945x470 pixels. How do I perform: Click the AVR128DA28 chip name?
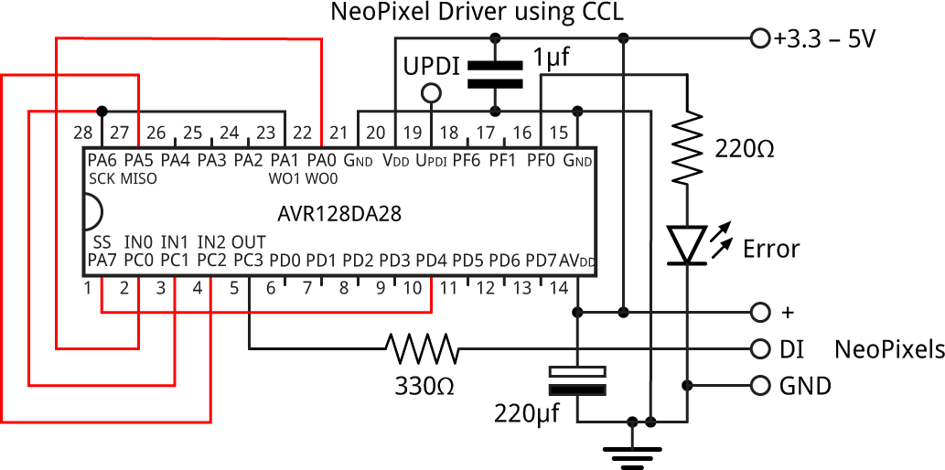click(339, 214)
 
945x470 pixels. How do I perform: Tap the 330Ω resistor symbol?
click(422, 348)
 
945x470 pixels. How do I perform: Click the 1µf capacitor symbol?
click(495, 74)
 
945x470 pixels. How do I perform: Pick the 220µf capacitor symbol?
click(577, 381)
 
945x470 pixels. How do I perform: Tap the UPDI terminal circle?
click(430, 93)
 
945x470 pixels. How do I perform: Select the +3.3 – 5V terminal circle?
click(758, 38)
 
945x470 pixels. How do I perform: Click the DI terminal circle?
click(758, 348)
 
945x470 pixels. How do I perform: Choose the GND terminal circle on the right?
click(758, 386)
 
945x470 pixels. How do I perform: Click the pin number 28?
click(83, 133)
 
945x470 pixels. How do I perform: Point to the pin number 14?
click(559, 289)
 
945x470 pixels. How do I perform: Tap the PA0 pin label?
click(320, 161)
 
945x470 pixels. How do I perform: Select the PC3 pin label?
click(248, 262)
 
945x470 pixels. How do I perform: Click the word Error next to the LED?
click(771, 249)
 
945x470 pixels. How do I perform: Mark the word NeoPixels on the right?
click(889, 348)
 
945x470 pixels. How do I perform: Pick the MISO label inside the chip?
click(138, 178)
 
